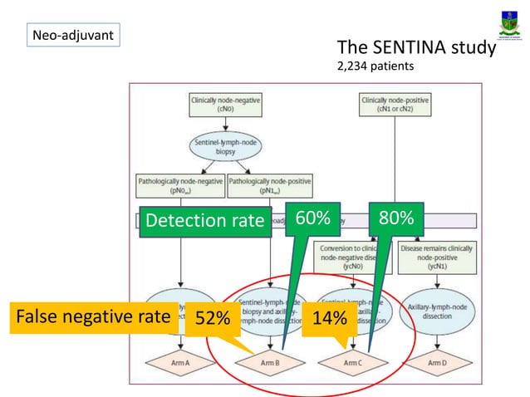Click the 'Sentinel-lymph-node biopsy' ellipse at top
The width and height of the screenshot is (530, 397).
click(225, 148)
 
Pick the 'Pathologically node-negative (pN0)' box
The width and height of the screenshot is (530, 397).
click(178, 185)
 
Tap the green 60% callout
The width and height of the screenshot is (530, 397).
click(313, 219)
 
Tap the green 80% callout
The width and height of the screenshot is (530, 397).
click(395, 219)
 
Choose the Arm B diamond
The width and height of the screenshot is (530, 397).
click(270, 363)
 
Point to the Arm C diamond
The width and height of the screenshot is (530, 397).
click(353, 363)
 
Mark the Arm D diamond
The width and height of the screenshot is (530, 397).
click(437, 363)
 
